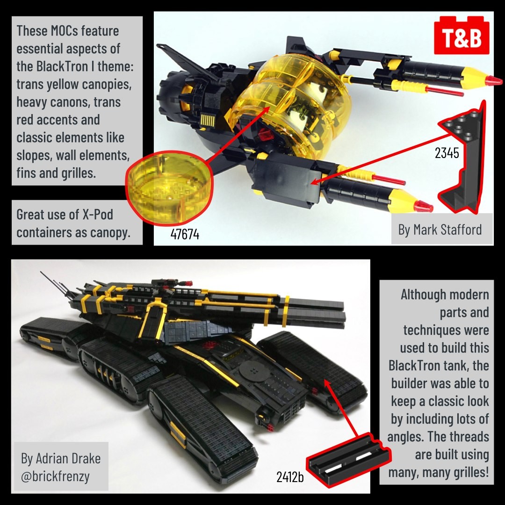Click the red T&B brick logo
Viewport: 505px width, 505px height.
[x=462, y=36]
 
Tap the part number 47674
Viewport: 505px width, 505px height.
[x=185, y=234]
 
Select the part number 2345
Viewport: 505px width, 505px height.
[x=447, y=153]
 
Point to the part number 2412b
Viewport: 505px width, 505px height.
[x=290, y=477]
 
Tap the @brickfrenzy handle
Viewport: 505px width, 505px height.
[x=55, y=476]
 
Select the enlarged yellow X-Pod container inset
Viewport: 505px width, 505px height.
[x=169, y=188]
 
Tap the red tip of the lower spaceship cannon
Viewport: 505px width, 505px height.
[x=423, y=207]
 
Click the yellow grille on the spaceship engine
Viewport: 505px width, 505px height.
[x=208, y=121]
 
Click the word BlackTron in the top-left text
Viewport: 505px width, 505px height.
[x=62, y=66]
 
